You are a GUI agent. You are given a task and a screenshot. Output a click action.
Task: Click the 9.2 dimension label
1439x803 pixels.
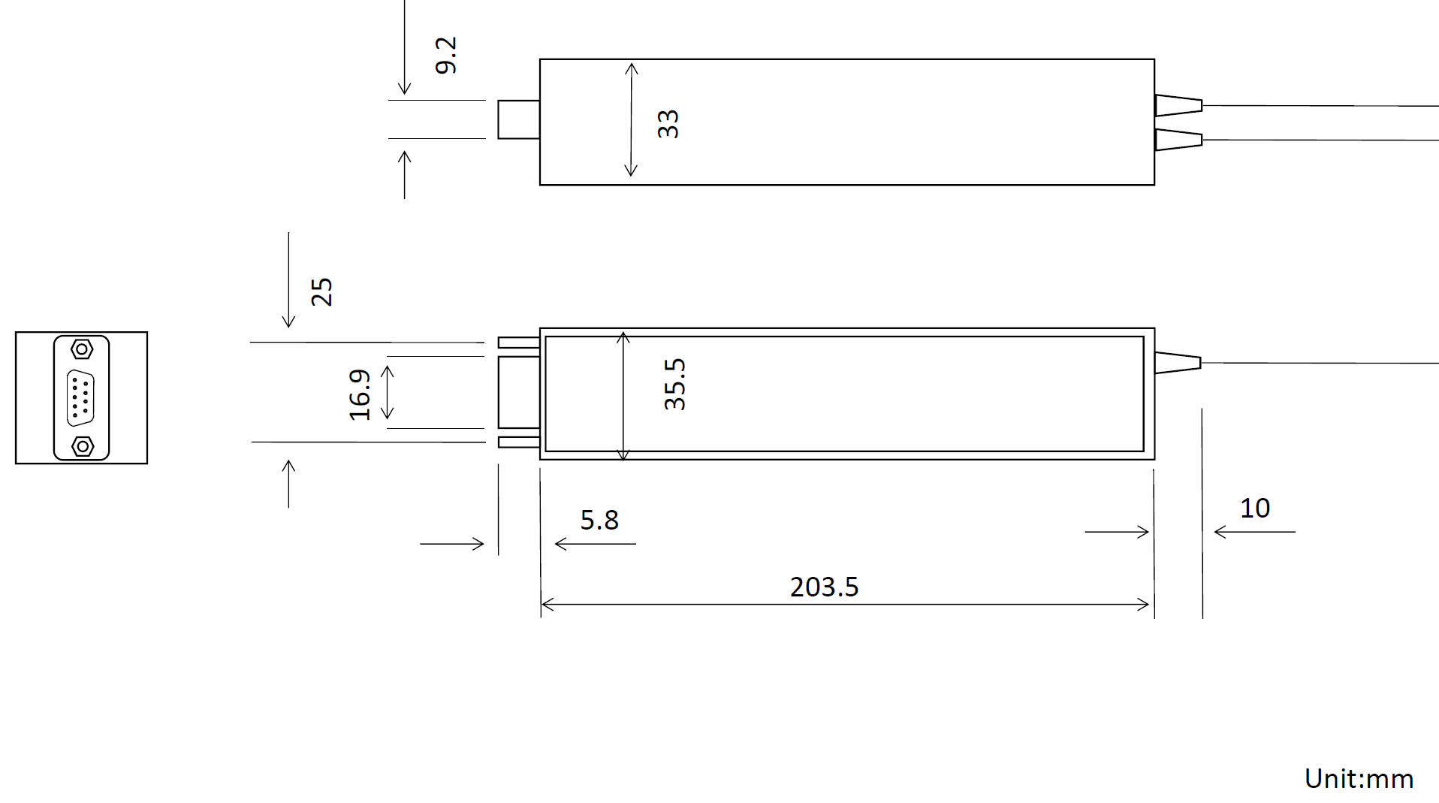(x=445, y=56)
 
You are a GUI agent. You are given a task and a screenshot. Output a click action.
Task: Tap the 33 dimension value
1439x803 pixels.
(x=668, y=124)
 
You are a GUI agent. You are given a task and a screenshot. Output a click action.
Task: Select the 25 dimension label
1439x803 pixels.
(x=321, y=291)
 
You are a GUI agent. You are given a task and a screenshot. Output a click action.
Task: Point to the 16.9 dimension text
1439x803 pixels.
(x=360, y=394)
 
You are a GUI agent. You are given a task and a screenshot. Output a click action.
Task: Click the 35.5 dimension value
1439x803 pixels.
(x=674, y=384)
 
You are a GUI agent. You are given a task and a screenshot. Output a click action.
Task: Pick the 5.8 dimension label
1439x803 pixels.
(x=599, y=520)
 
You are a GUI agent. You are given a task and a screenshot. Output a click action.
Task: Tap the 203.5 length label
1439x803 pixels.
(x=823, y=587)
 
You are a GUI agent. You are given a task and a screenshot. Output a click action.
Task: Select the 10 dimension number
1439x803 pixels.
(x=1254, y=509)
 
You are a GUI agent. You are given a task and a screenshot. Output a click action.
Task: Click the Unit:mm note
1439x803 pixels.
(x=1358, y=779)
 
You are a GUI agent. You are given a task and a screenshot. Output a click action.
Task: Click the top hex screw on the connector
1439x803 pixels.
(x=82, y=349)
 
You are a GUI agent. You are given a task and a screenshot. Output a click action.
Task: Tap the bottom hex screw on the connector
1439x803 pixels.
(x=82, y=447)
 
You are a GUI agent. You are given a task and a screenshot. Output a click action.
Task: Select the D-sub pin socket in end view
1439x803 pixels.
(x=80, y=398)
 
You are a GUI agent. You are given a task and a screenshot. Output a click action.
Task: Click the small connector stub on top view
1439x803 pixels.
(x=518, y=119)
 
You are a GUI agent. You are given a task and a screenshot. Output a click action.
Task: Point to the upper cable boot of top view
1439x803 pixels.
(x=1178, y=105)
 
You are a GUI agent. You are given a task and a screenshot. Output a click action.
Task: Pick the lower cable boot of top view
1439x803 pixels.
(x=1178, y=140)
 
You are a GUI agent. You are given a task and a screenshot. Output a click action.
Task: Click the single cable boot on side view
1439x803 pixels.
(x=1177, y=363)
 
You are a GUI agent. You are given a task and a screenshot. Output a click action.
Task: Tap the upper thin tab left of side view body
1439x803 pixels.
(x=518, y=343)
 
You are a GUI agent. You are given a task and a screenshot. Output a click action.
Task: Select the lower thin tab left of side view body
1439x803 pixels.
(x=518, y=442)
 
